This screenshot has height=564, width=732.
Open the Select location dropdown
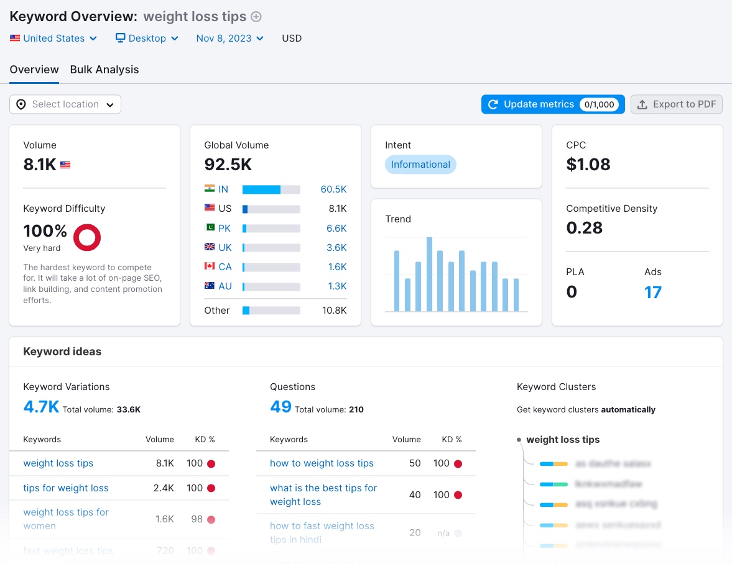65,104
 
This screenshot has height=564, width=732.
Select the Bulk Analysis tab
104,70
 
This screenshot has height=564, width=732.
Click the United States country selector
54,39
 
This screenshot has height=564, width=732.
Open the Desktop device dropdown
147,39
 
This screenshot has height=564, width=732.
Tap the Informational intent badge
420,165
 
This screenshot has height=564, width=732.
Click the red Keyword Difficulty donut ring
87,237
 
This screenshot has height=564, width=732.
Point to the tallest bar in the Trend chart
429,273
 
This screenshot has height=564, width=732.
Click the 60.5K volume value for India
333,189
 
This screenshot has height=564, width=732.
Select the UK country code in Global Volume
225,247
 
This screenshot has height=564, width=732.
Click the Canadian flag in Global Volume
210,266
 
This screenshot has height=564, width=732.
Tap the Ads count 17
652,292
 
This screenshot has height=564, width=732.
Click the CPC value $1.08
588,165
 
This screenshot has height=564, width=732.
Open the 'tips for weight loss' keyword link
66,488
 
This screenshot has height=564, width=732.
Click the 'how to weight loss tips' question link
322,463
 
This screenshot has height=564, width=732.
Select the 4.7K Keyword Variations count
41,407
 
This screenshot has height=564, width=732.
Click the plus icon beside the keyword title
256,17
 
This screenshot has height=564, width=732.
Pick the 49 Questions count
280,407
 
